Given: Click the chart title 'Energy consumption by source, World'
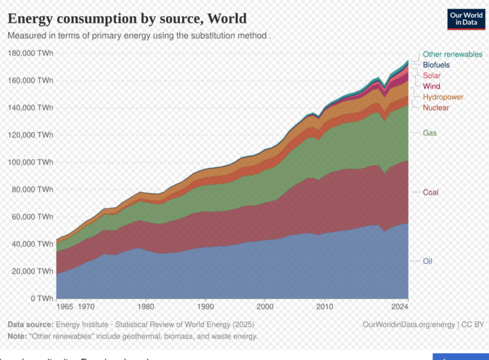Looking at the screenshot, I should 127,18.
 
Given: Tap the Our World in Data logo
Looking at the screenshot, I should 466,19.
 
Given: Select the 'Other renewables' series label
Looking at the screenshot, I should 452,54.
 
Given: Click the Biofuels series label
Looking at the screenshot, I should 436,65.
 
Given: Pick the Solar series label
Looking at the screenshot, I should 432,75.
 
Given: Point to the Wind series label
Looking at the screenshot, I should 431,86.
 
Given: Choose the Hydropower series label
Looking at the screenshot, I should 443,97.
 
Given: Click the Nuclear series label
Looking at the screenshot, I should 436,108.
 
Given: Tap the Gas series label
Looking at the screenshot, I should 430,133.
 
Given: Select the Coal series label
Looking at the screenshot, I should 431,192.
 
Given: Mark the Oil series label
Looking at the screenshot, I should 428,261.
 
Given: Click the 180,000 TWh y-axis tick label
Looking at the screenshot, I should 31,53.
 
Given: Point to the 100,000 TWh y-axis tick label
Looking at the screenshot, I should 31,162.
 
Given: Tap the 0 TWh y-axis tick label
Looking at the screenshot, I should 42,299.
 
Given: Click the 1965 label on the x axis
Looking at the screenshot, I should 65,307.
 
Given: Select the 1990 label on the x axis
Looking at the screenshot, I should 205,307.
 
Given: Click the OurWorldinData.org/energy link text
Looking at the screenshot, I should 409,325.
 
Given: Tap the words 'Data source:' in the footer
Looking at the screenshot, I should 30,325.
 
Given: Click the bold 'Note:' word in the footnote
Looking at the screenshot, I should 17,336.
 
